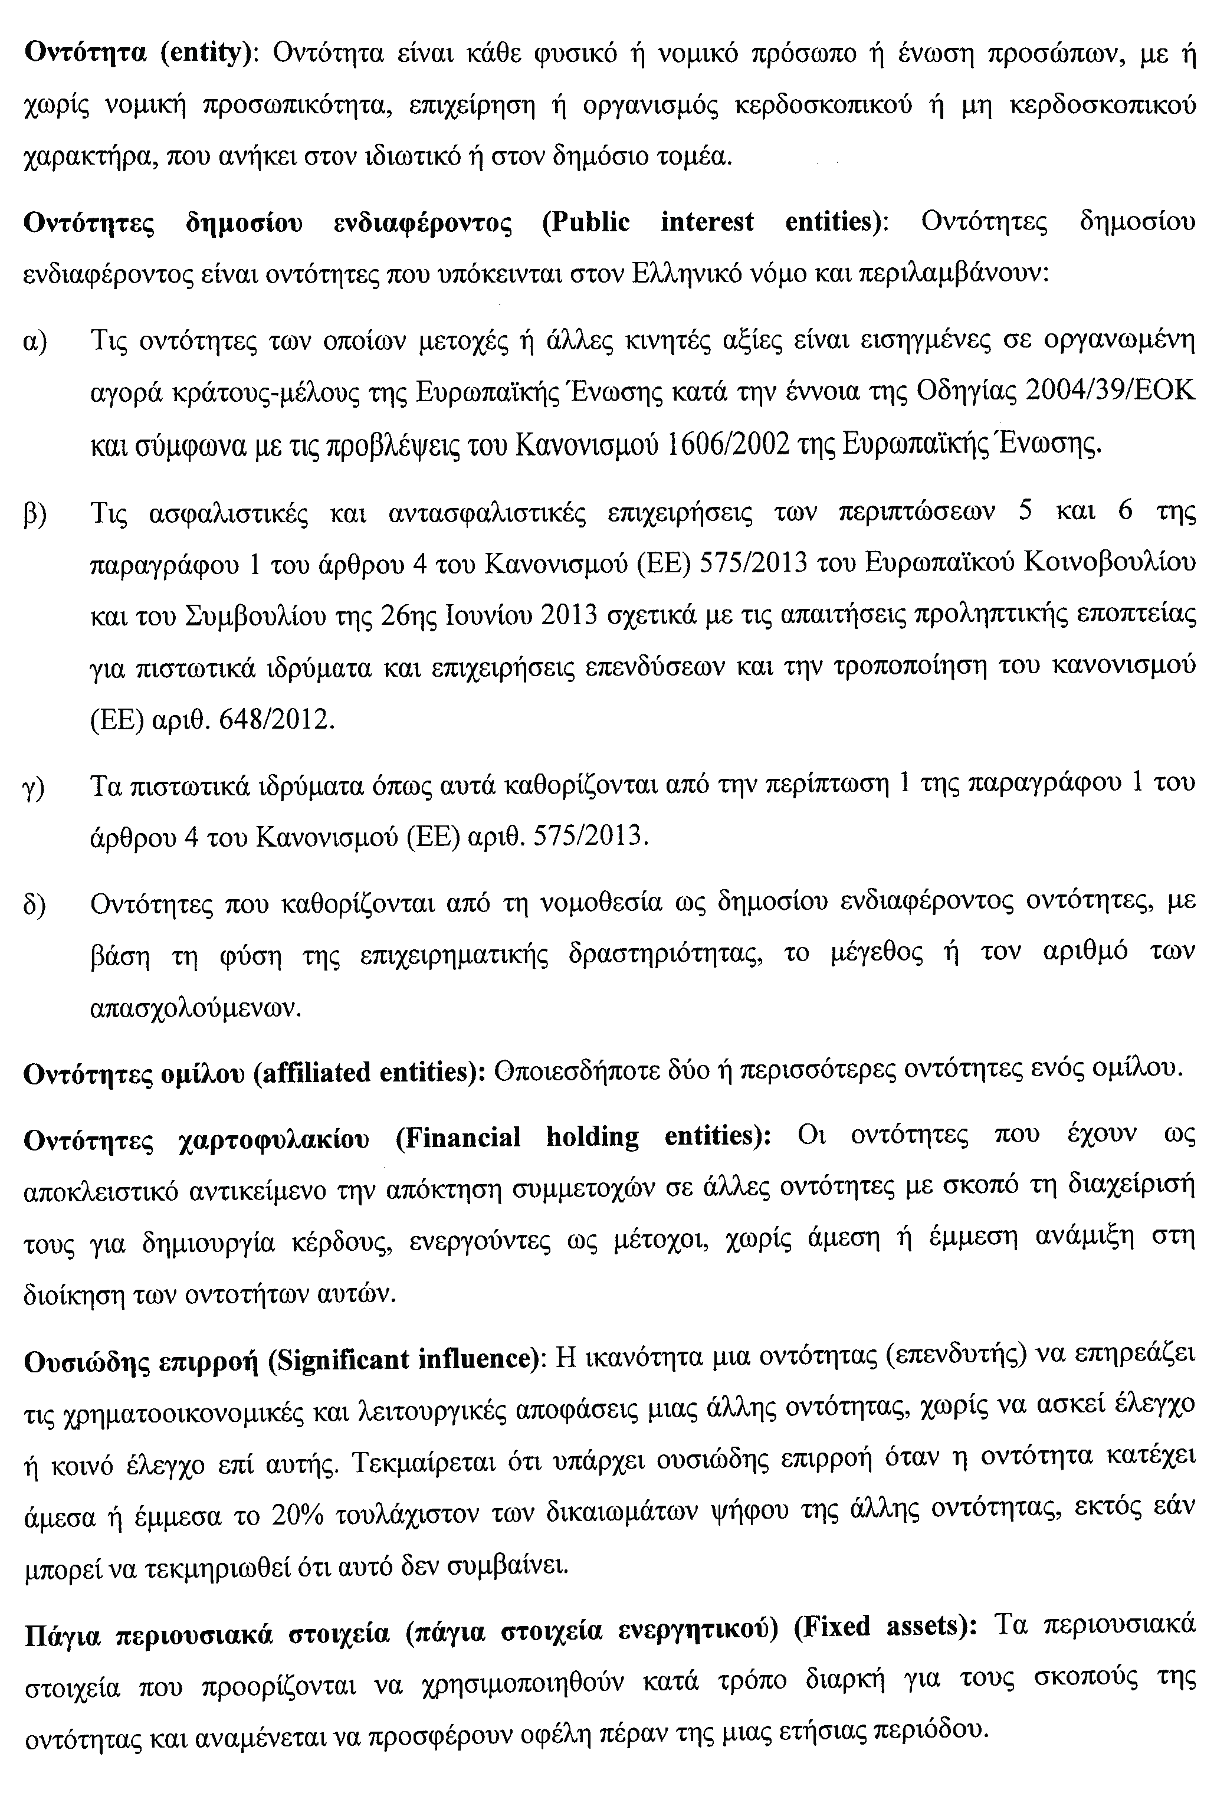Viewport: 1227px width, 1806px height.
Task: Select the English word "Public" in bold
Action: [x=586, y=222]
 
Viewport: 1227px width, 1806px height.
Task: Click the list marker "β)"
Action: [x=35, y=514]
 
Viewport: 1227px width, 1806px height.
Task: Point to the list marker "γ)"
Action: [x=34, y=786]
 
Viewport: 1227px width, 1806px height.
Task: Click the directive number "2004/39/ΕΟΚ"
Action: [x=1110, y=392]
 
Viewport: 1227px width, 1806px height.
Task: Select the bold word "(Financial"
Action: [x=458, y=1138]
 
